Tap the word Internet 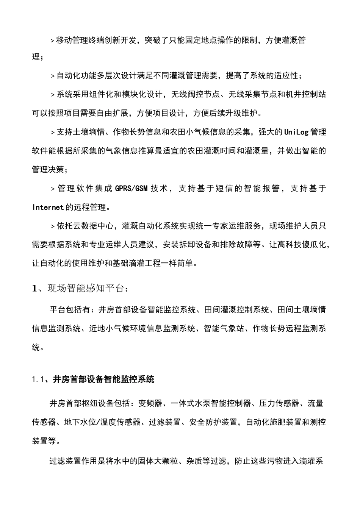click(x=48, y=207)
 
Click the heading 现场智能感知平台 click(x=85, y=288)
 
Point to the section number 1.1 click(x=39, y=379)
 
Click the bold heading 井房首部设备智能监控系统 click(x=103, y=379)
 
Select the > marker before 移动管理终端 click(x=53, y=41)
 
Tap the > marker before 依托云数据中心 click(x=53, y=226)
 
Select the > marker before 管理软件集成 click(x=53, y=188)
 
